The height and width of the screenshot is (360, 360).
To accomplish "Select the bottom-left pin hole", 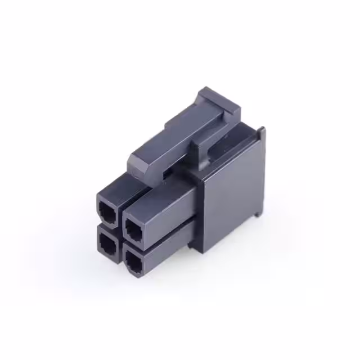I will [106, 241].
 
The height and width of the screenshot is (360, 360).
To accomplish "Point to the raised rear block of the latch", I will [219, 104].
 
